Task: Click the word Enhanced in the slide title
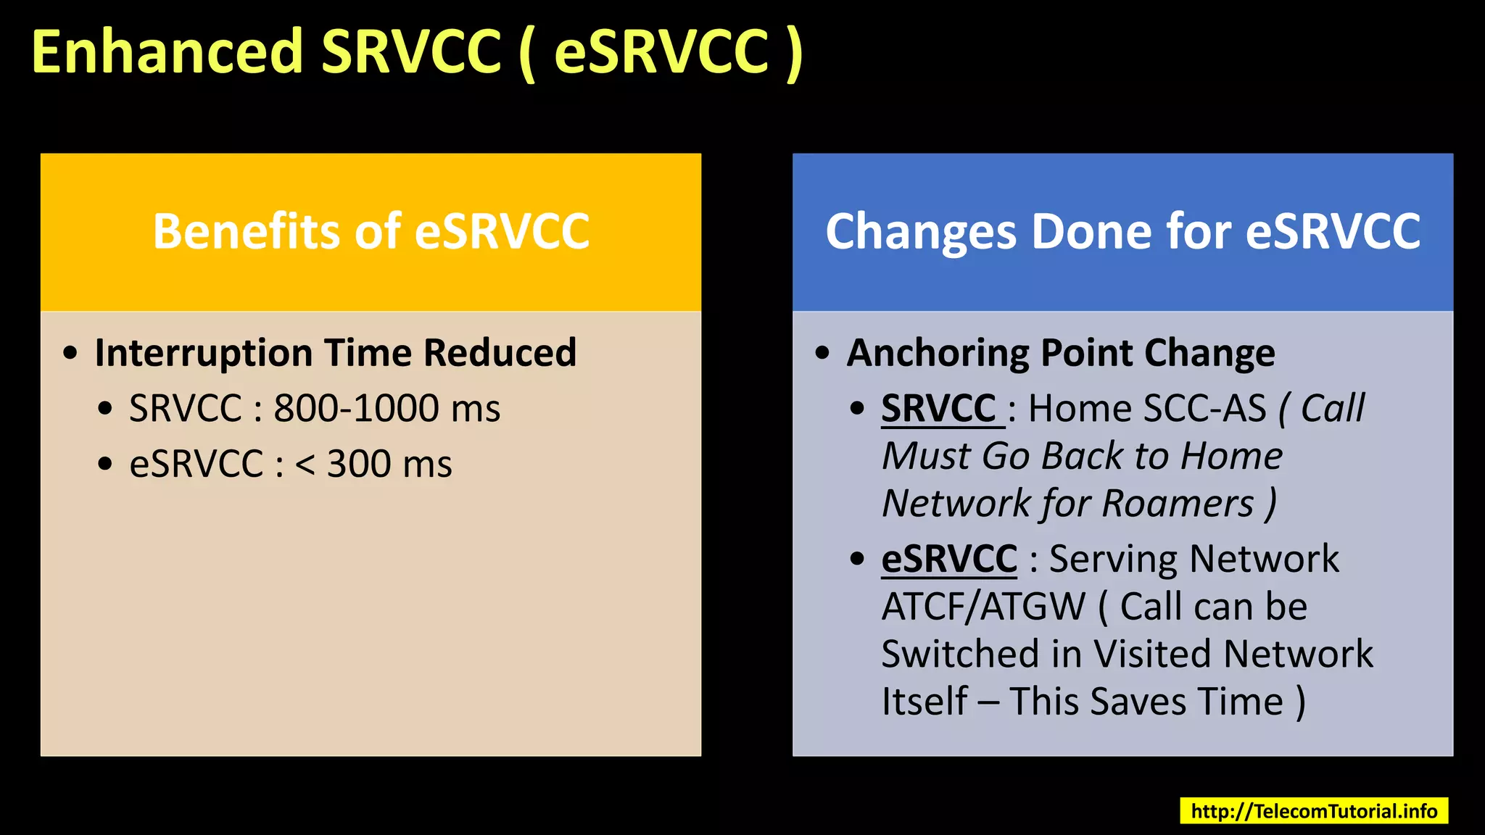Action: pyautogui.click(x=167, y=52)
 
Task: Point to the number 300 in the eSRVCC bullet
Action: pyautogui.click(x=359, y=464)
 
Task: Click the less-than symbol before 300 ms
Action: pyautogui.click(x=305, y=465)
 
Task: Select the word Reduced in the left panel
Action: pyautogui.click(x=500, y=354)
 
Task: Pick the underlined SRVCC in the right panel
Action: pyautogui.click(x=939, y=409)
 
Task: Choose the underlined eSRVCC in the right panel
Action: pyautogui.click(x=949, y=560)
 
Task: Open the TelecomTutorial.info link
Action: pyautogui.click(x=1313, y=811)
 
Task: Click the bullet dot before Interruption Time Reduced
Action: pyautogui.click(x=70, y=354)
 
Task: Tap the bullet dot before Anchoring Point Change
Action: pyautogui.click(x=822, y=354)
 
